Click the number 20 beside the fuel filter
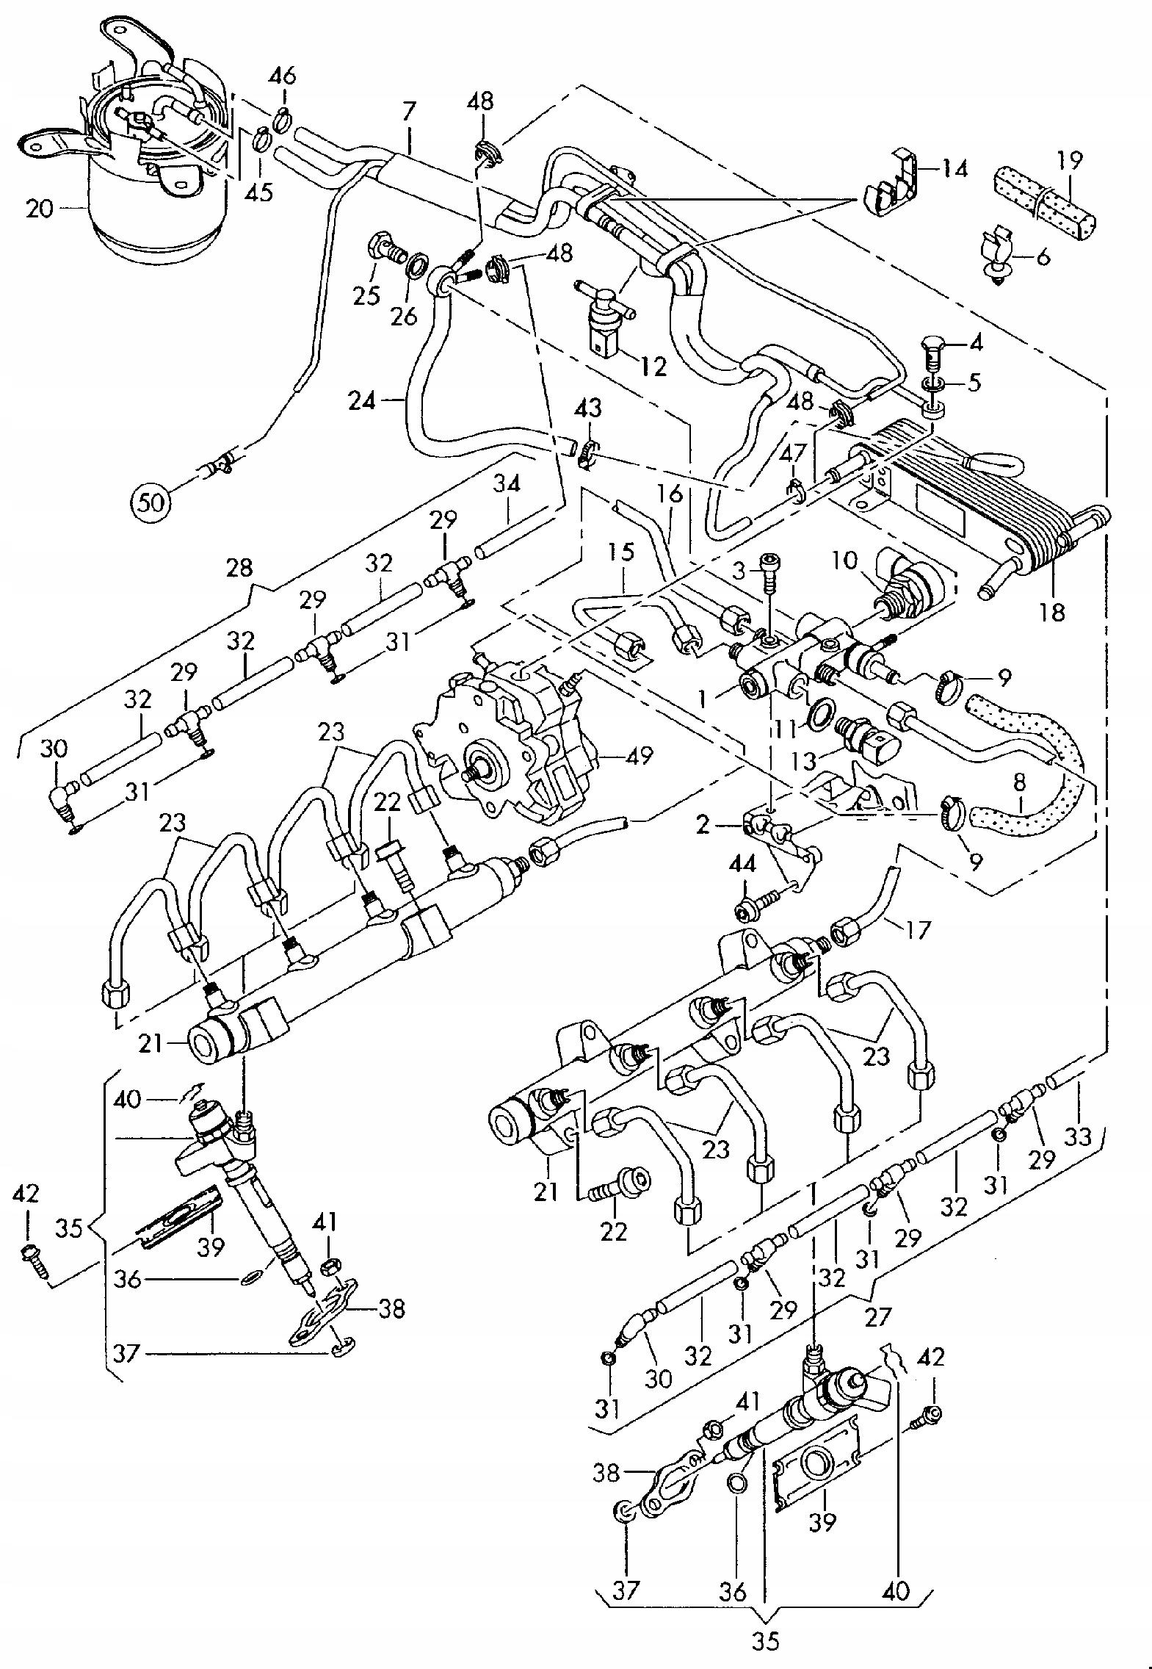click(x=39, y=209)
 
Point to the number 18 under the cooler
click(x=1052, y=612)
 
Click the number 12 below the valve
click(x=653, y=365)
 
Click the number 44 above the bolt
click(x=742, y=865)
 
